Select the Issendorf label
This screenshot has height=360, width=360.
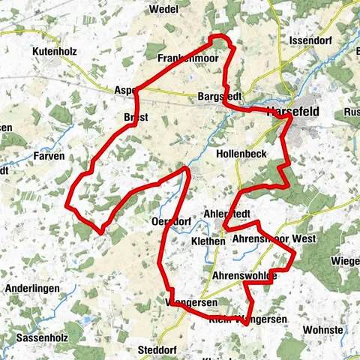coord(305,40)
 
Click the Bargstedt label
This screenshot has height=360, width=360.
coord(220,97)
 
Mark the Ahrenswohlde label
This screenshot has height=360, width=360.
coord(244,276)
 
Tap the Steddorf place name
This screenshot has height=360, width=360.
coord(156,350)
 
